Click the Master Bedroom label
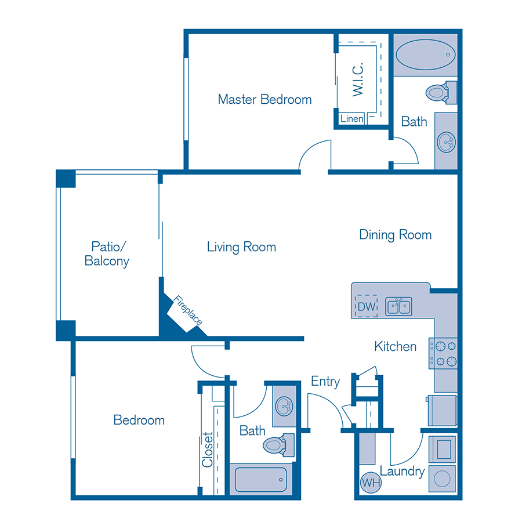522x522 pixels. coord(264,99)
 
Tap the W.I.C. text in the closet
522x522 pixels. coord(358,79)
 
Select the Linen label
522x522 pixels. coord(352,119)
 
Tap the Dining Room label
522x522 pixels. coord(395,235)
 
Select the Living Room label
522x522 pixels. coord(241,247)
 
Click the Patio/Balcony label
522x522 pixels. coord(107,253)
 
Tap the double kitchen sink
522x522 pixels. coord(399,306)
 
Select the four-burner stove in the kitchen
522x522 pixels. coord(443,354)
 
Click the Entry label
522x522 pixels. coord(325,382)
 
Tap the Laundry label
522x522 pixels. coord(402,472)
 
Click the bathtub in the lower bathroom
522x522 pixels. coord(260,479)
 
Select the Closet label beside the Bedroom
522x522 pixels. coord(208,450)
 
